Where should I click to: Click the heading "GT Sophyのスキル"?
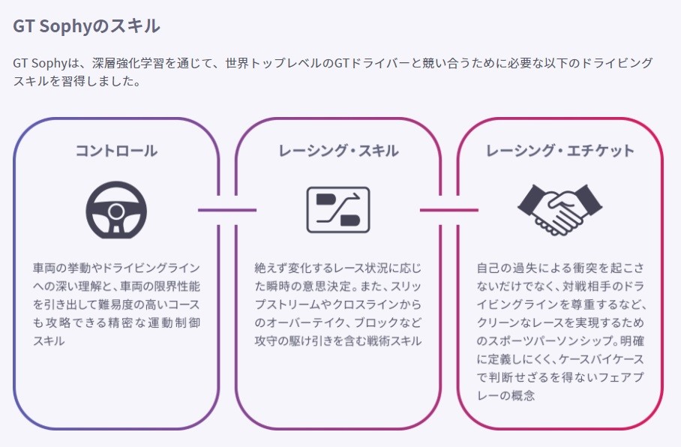(86, 26)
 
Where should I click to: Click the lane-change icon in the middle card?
(337, 209)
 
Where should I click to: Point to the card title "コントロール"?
(116, 151)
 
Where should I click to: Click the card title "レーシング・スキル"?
(338, 151)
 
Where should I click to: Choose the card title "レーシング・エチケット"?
(559, 151)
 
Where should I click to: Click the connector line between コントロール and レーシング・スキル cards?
(227, 210)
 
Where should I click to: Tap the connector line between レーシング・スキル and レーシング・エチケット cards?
(448, 210)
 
